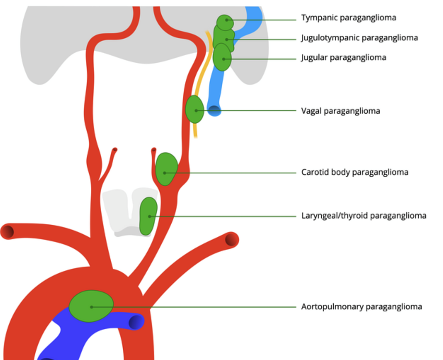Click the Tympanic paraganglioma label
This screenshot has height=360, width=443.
point(349,18)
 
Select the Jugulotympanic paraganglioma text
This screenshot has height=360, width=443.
point(359,38)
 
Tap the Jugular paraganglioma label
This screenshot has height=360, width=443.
point(343,58)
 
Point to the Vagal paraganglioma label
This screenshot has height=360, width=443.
point(340,111)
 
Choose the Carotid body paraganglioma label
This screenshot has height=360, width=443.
point(355,173)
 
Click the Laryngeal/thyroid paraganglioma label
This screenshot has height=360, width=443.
point(363,216)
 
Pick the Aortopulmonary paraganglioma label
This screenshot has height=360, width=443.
point(361,307)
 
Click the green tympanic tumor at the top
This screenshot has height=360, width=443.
point(225,22)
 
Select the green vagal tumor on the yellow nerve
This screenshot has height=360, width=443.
point(195,109)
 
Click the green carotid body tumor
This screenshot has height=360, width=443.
point(166,169)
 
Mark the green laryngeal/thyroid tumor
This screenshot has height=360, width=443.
point(148,216)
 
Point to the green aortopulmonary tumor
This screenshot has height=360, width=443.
point(91,306)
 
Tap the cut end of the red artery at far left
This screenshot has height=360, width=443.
point(7,232)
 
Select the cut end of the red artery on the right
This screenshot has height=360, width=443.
point(232,239)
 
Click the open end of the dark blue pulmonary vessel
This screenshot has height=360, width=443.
point(136,322)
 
